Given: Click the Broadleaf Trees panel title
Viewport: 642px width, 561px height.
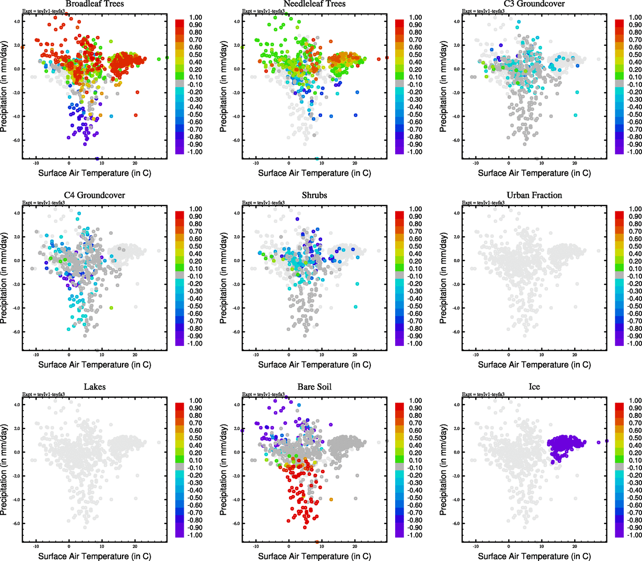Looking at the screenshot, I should click(x=94, y=4).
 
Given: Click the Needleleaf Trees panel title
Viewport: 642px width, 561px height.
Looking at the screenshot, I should click(x=314, y=4).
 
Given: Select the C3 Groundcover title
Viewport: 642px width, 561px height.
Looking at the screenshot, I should click(x=534, y=4).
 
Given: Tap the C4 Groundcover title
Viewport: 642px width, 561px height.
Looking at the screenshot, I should click(x=94, y=195).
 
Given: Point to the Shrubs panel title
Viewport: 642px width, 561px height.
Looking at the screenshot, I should click(x=314, y=195).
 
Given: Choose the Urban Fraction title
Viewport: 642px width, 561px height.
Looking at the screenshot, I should click(x=534, y=195).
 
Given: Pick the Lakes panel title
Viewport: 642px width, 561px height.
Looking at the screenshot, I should click(x=94, y=387).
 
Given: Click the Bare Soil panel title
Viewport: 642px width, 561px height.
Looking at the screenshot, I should click(x=314, y=387).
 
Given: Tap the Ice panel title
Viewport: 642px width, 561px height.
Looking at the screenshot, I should click(x=534, y=387).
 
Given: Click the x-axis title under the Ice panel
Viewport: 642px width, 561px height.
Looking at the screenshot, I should click(x=534, y=556).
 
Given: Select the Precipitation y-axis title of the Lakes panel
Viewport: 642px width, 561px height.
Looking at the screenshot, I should click(x=4, y=470).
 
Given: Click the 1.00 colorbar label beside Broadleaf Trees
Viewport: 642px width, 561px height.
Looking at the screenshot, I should click(x=195, y=17).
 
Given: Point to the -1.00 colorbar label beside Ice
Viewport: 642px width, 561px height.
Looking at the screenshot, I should click(x=634, y=535).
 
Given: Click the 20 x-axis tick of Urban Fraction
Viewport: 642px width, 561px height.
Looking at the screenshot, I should click(x=575, y=355).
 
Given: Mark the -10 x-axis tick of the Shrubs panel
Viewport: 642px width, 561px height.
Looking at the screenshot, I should click(x=256, y=355).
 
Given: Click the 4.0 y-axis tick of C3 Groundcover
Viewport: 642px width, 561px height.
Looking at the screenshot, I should click(x=457, y=22).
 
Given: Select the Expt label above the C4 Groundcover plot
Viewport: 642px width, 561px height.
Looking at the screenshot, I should click(x=43, y=202).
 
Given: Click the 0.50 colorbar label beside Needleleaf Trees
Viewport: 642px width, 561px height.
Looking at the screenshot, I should click(x=415, y=55).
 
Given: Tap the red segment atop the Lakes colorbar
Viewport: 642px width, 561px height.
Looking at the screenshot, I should click(x=180, y=403).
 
